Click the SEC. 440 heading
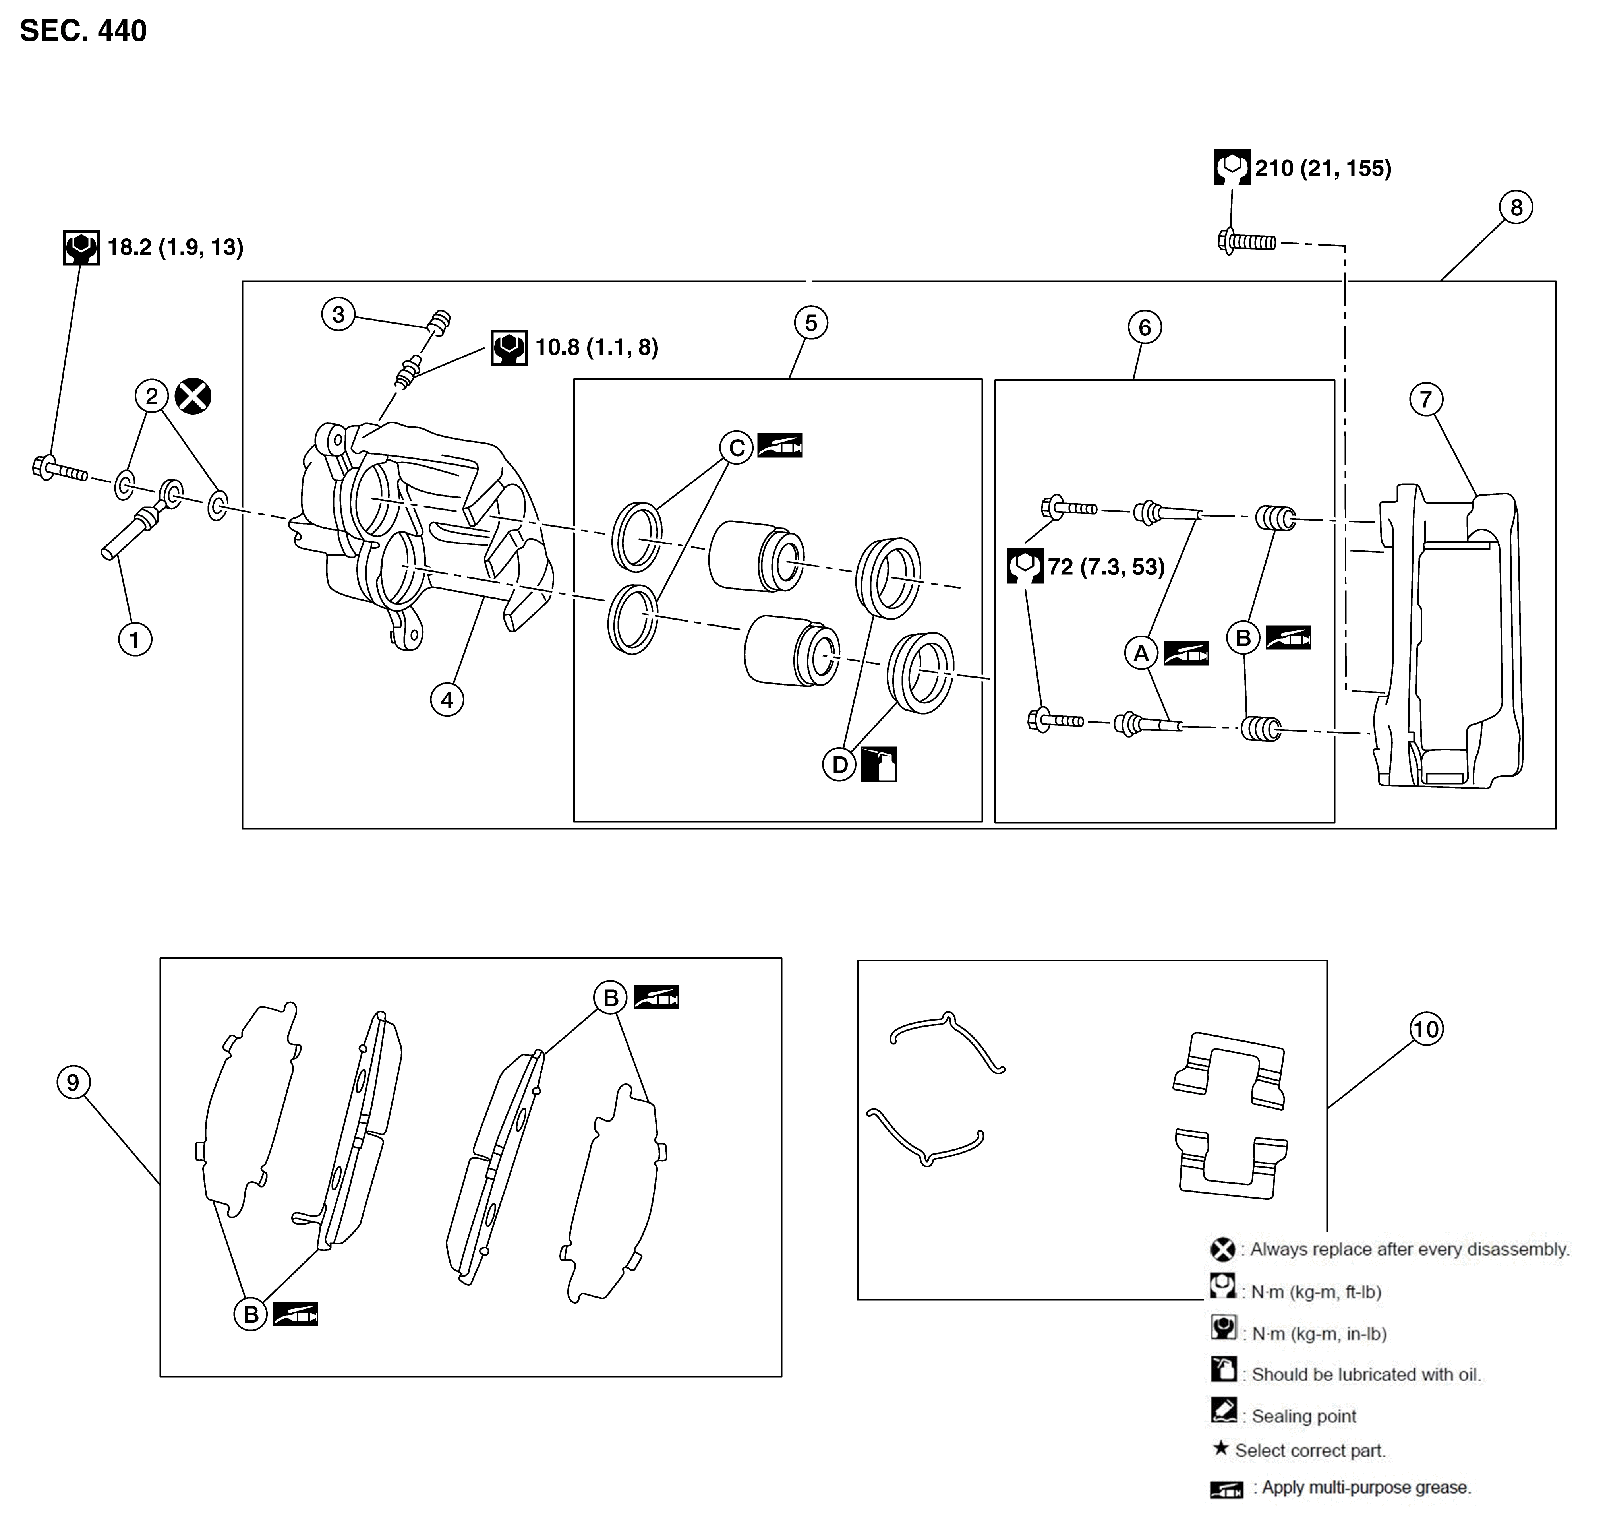point(83,31)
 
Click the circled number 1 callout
point(135,640)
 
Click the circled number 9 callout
point(74,1082)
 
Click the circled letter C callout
point(737,448)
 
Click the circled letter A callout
point(1141,653)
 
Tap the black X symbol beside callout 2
point(193,397)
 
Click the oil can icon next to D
point(880,764)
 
